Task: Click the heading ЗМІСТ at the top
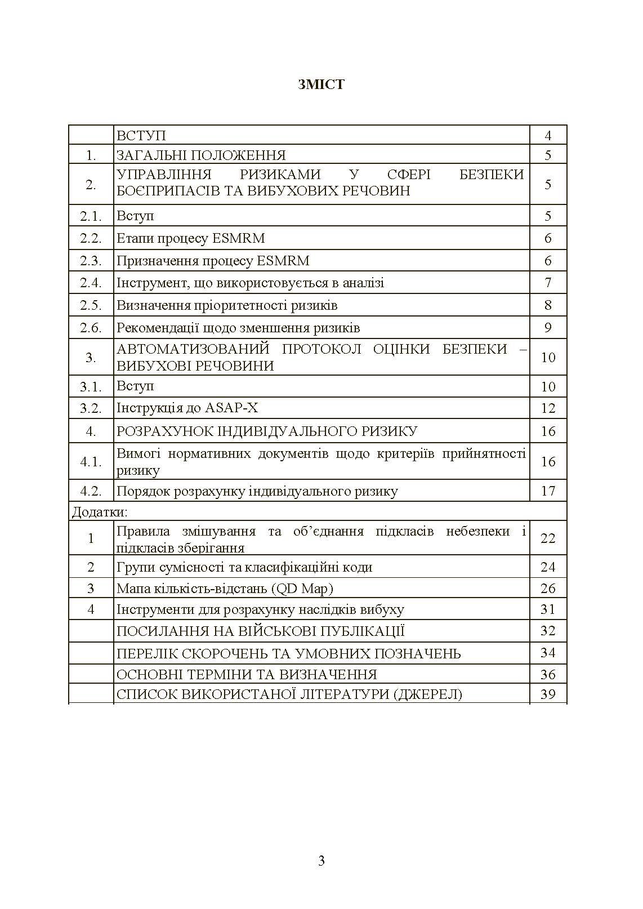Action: pos(321,84)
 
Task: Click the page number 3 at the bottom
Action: pos(321,860)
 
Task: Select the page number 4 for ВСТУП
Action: pos(548,136)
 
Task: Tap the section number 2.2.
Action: pos(91,238)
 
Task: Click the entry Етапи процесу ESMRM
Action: pos(190,238)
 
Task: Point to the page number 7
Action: pos(548,283)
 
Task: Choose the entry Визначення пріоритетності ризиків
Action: pos(227,305)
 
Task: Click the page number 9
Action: pos(548,328)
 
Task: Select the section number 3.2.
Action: pos(91,408)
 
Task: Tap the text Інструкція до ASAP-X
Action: pos(187,408)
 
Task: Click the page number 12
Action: pos(548,408)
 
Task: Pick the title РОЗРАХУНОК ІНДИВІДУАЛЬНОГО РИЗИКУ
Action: pos(267,431)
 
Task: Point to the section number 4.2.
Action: pos(91,491)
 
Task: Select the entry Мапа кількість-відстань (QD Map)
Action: pos(225,589)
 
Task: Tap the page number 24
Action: pos(548,567)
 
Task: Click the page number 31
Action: pos(548,609)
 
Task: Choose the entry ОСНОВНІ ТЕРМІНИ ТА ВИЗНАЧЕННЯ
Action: pos(247,674)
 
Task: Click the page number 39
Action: pos(548,694)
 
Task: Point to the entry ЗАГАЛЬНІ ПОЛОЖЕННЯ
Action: pos(201,155)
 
